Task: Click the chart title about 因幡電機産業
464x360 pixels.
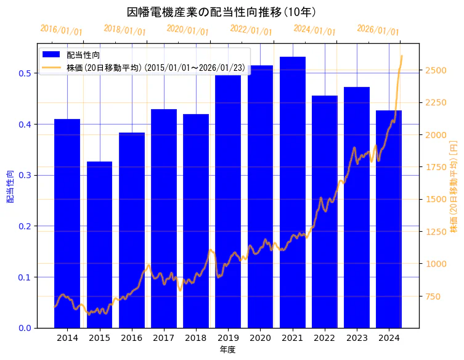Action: (221, 12)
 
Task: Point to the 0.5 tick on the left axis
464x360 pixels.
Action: (25, 73)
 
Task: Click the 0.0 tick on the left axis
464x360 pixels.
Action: (25, 328)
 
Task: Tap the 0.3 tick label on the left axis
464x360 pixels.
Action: (25, 175)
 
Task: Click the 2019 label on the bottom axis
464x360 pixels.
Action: (228, 338)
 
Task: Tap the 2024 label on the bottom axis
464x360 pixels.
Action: (389, 338)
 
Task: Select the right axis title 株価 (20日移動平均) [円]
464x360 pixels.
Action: (454, 186)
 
